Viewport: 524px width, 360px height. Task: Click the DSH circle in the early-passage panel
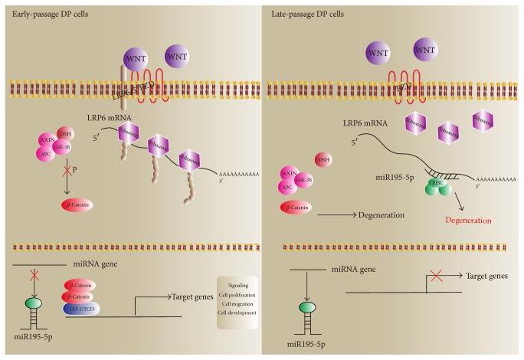(64, 135)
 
